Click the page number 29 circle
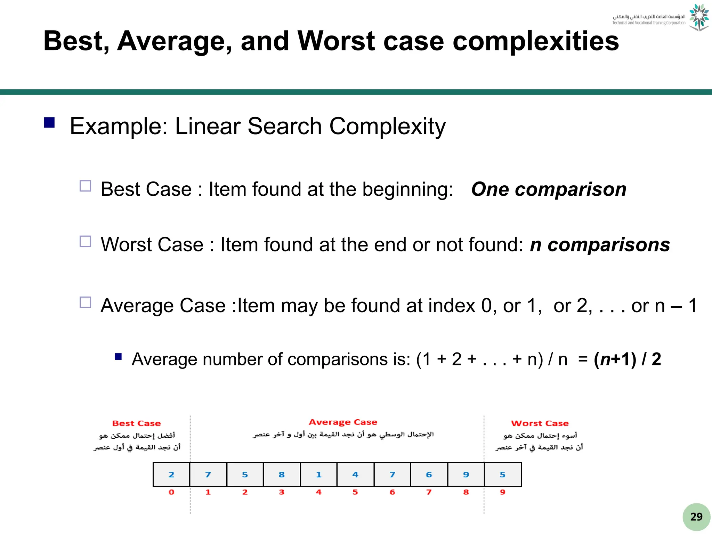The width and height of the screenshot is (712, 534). tap(696, 517)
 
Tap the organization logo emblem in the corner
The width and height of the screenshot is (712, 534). tap(699, 17)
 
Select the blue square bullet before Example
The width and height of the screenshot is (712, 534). tap(49, 123)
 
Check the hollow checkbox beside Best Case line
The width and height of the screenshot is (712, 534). tap(85, 186)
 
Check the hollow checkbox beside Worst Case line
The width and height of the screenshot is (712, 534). tap(85, 241)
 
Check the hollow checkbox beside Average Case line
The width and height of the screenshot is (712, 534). tap(85, 302)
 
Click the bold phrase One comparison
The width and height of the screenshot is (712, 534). tap(549, 189)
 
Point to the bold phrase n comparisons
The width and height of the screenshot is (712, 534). tap(600, 245)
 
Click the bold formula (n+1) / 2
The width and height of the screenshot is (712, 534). tap(627, 359)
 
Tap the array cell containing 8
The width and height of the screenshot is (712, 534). tap(282, 475)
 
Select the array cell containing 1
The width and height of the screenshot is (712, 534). tap(318, 475)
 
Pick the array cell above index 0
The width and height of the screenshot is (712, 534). tap(171, 475)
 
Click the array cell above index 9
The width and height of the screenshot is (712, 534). tap(503, 475)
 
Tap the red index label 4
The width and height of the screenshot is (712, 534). tap(318, 492)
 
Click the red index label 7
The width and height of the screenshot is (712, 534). tap(429, 492)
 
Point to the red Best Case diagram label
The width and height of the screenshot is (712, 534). tap(137, 423)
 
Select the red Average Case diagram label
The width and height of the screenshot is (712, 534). tap(343, 422)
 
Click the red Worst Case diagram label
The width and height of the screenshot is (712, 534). tap(540, 423)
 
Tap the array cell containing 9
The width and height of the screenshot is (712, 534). tap(466, 475)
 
